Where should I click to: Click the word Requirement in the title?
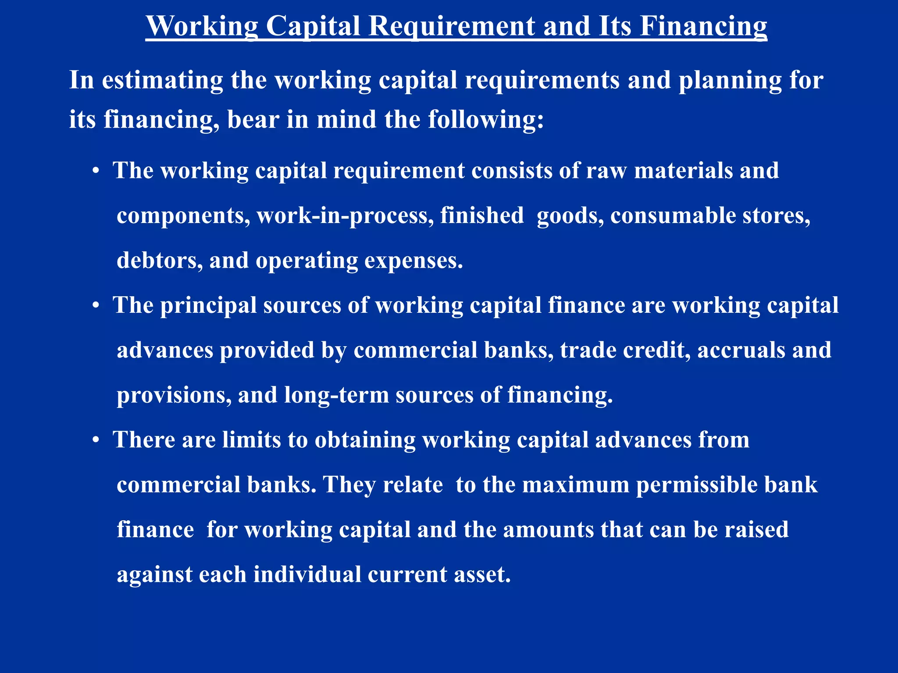click(451, 26)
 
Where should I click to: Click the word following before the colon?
click(485, 119)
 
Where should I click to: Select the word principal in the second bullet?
click(208, 305)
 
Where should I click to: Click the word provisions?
click(174, 395)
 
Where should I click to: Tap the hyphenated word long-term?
click(336, 395)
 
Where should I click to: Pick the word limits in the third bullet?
click(251, 440)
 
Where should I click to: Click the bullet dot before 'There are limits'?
click(96, 440)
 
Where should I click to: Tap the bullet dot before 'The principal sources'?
click(96, 306)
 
